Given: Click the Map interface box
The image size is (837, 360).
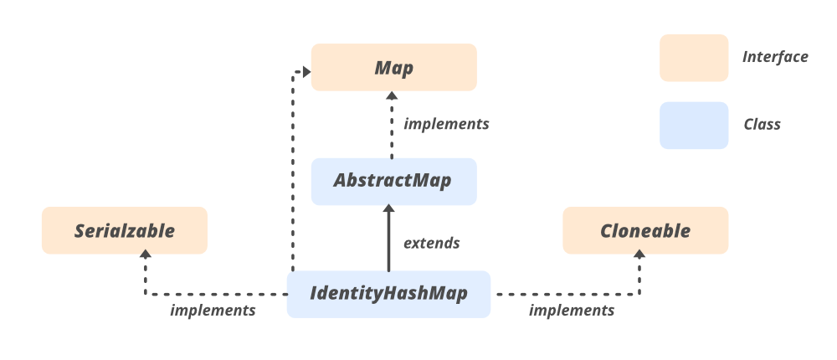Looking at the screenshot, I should pyautogui.click(x=393, y=67).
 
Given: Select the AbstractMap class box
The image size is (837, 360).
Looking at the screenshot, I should pyautogui.click(x=393, y=181).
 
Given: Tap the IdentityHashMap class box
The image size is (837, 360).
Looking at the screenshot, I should pyautogui.click(x=388, y=294).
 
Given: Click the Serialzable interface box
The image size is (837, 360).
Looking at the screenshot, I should pyautogui.click(x=125, y=230).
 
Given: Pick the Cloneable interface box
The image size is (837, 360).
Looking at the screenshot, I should pyautogui.click(x=645, y=230).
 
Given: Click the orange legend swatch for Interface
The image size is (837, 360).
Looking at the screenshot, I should pyautogui.click(x=693, y=58).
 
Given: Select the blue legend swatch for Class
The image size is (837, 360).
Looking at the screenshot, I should pyautogui.click(x=693, y=126).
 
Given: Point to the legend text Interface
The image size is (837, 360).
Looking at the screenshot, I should pyautogui.click(x=775, y=57).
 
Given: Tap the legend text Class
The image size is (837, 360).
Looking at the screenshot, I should pyautogui.click(x=762, y=125).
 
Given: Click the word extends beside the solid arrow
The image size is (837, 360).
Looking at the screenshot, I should pyautogui.click(x=432, y=244).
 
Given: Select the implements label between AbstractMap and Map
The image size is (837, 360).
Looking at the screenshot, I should pyautogui.click(x=446, y=124).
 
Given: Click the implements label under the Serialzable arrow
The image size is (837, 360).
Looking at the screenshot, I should pyautogui.click(x=213, y=311).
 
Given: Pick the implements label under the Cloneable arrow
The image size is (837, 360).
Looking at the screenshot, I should pyautogui.click(x=572, y=311).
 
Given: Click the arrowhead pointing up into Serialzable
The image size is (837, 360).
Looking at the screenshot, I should pyautogui.click(x=146, y=260).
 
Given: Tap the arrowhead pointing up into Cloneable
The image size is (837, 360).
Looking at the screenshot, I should pyautogui.click(x=640, y=260).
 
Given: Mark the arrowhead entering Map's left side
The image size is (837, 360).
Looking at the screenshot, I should pyautogui.click(x=306, y=73).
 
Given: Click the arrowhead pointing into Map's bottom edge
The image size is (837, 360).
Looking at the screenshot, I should pyautogui.click(x=390, y=96).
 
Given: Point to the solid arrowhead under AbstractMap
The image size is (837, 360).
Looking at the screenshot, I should pyautogui.click(x=388, y=210).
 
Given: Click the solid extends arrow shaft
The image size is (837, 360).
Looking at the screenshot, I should pyautogui.click(x=388, y=243).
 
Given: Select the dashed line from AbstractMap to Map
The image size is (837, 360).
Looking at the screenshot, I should pyautogui.click(x=390, y=130).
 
